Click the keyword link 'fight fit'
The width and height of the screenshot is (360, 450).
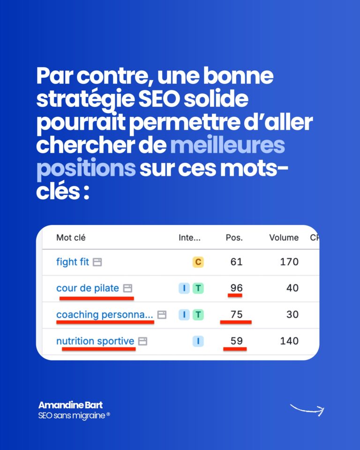[73, 262]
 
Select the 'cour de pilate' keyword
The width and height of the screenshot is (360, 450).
[88, 288]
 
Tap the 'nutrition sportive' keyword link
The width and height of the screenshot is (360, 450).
[95, 341]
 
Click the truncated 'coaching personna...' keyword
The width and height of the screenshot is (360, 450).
[105, 315]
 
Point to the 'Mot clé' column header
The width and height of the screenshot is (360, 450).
[71, 238]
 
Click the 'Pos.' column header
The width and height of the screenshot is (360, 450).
[234, 238]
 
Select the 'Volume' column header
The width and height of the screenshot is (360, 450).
[284, 238]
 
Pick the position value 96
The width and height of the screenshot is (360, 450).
[236, 288]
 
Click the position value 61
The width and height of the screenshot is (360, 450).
[236, 262]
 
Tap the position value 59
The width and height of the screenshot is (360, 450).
[236, 341]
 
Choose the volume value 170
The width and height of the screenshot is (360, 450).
[289, 262]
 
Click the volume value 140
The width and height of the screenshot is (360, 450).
[289, 341]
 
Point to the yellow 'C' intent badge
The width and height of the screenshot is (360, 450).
[198, 262]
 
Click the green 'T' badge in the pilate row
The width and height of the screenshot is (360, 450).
[198, 288]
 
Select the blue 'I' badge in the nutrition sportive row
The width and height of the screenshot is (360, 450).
[198, 341]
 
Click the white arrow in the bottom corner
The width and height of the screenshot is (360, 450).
[307, 410]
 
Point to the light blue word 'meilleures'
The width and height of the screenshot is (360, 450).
[227, 145]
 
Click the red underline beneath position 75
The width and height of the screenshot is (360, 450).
[236, 322]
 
